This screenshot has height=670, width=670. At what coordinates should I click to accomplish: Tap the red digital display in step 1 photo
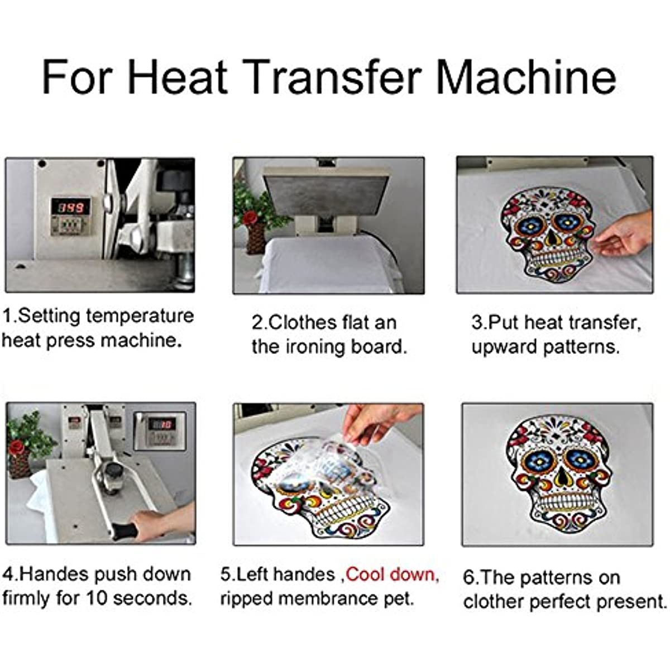[x=70, y=208]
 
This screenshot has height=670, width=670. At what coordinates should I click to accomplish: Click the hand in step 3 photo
[x=623, y=235]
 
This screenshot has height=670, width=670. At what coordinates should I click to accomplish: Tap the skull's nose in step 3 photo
[x=551, y=239]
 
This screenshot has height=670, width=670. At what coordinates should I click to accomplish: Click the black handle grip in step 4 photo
[x=123, y=531]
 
